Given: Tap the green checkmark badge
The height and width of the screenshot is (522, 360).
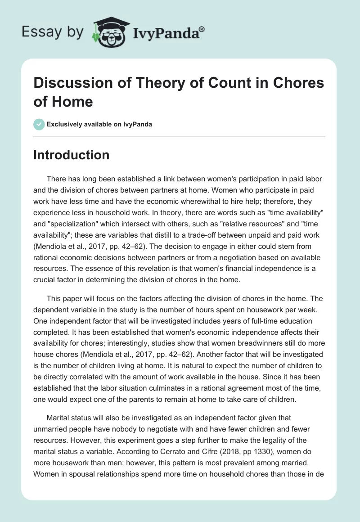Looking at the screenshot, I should (39, 124).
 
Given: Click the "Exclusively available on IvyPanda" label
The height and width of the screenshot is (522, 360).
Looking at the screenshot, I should (99, 124).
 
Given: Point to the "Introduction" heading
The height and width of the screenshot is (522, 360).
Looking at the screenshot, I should (72, 155).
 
